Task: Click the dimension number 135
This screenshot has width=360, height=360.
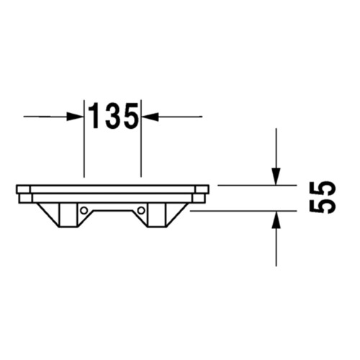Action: (113, 116)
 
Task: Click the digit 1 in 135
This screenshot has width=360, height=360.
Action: (94, 116)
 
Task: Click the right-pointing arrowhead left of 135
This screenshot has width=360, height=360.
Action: (76, 116)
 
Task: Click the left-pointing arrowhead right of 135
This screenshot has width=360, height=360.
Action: (149, 116)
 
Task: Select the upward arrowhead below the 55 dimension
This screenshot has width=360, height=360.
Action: (276, 219)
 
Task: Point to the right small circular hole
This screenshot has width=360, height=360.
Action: (141, 210)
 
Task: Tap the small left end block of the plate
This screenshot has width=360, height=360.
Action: (24, 197)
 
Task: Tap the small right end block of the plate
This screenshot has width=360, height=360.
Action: (201, 197)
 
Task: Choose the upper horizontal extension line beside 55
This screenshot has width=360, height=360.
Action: (252, 185)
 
